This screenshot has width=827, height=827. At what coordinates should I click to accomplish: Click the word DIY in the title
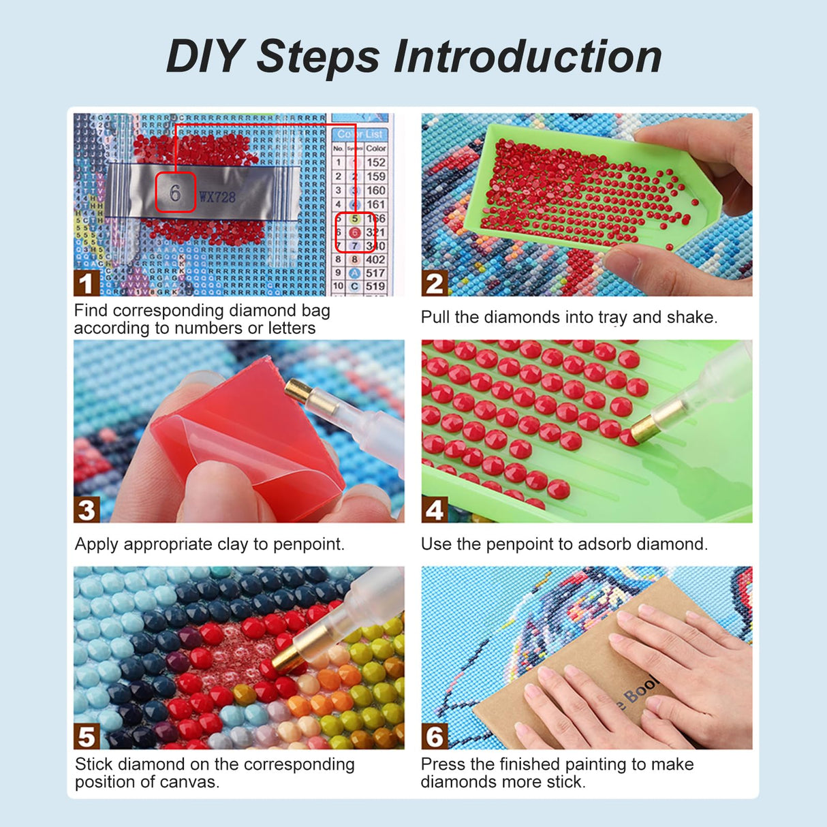click(205, 57)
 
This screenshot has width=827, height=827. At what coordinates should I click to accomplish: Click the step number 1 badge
click(86, 283)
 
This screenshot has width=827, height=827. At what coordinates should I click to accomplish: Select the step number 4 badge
click(435, 510)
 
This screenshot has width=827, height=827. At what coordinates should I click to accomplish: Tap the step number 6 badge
click(435, 736)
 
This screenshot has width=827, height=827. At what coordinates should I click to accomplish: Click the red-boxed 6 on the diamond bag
click(176, 193)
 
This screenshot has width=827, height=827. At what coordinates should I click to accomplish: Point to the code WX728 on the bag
click(217, 198)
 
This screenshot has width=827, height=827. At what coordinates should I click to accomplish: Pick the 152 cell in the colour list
click(376, 162)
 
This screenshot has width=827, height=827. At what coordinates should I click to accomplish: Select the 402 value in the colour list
click(375, 260)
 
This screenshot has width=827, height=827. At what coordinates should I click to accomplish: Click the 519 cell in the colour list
click(375, 286)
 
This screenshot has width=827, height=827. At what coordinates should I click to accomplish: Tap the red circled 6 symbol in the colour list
click(354, 232)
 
